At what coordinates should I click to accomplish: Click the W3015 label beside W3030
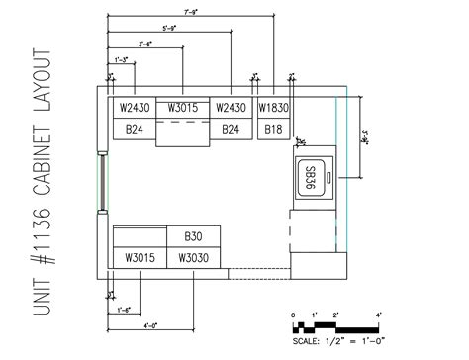pos(140,257)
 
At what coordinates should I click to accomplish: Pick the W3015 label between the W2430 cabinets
pos(183,108)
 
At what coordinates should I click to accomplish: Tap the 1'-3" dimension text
pos(123,60)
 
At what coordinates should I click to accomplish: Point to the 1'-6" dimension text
pos(125,311)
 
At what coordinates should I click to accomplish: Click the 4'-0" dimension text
pos(151,325)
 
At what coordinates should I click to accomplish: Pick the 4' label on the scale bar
pos(379,315)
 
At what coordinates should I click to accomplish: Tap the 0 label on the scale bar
pos(293,315)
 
